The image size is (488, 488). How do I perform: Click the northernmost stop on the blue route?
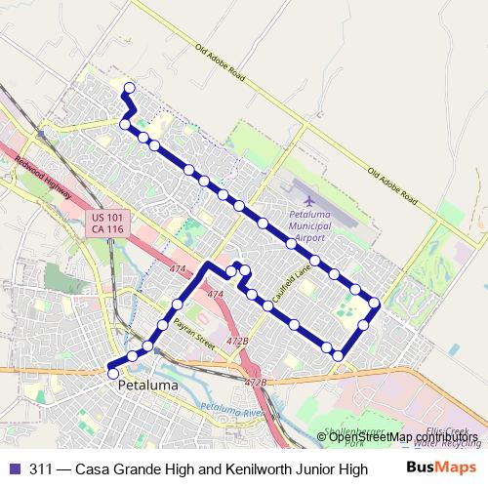(129, 87)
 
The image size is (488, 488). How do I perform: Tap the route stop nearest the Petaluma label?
(113, 373)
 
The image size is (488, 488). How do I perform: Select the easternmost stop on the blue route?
(374, 303)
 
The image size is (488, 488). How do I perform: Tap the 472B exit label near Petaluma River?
(255, 383)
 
